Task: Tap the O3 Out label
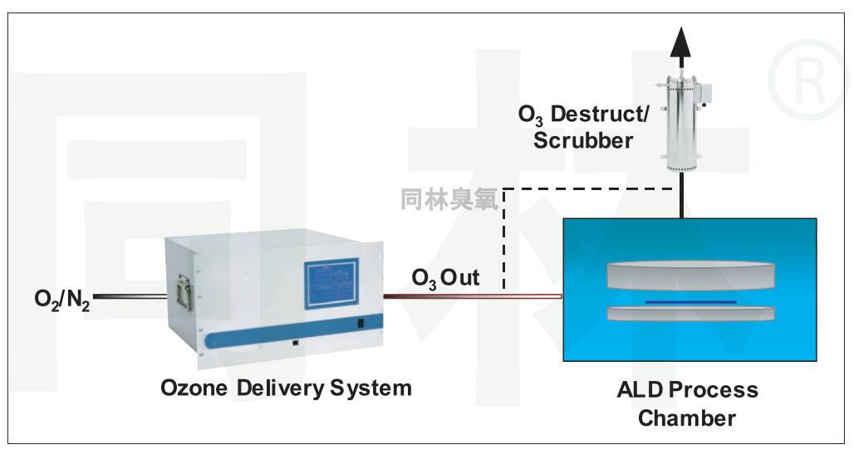[x=446, y=279]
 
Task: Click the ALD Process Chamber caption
[x=687, y=403]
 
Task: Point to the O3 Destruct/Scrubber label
[x=583, y=127]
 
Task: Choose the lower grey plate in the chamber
[x=690, y=314]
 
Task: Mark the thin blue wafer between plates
[x=690, y=300]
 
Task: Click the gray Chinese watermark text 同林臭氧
[x=449, y=200]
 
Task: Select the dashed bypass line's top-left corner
[x=504, y=189]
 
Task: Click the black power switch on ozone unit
[x=361, y=325]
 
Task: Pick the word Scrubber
[x=583, y=140]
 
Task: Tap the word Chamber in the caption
[x=687, y=417]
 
